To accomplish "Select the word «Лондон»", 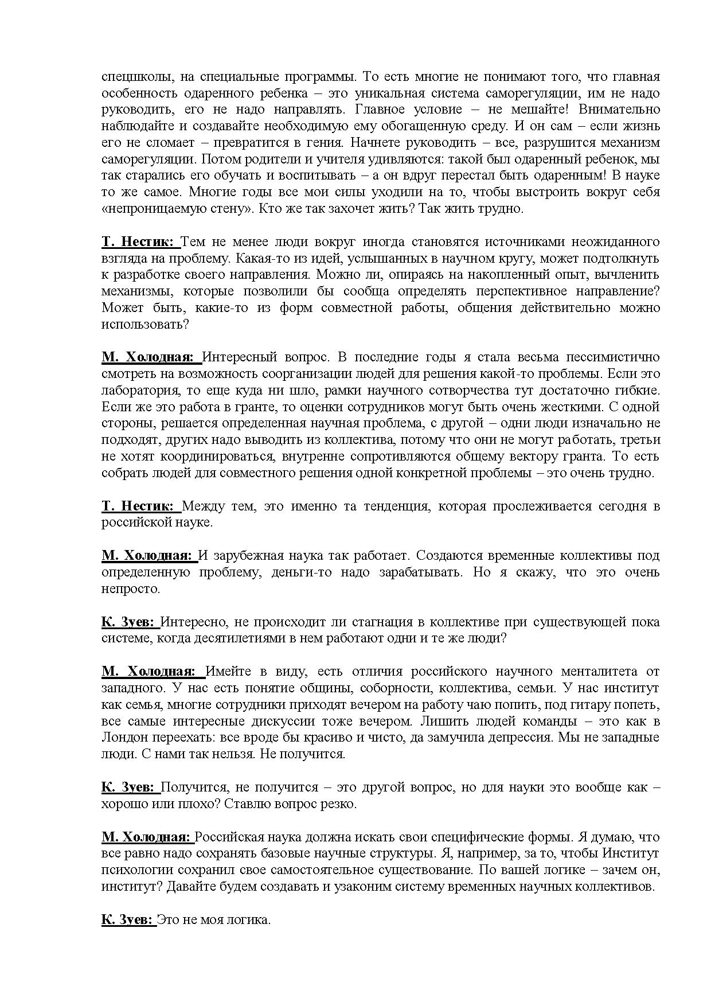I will coord(123,738).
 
